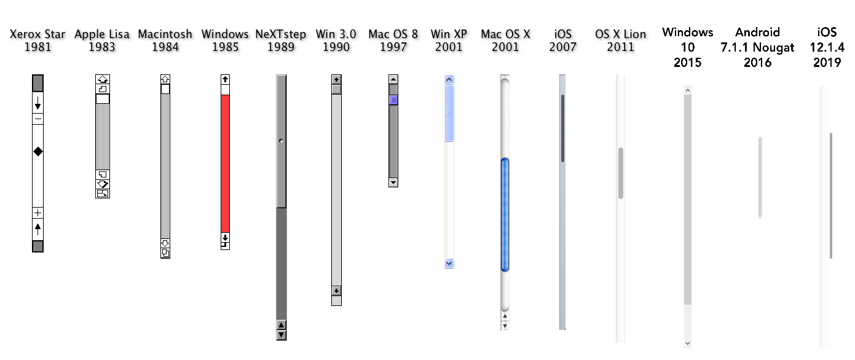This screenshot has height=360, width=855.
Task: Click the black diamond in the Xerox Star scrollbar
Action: coord(37,151)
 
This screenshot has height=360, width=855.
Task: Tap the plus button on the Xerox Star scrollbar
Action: coord(37,213)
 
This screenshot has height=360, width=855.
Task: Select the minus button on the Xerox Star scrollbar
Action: coord(37,119)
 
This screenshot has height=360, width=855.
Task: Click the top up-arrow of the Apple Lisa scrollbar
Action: coord(103,79)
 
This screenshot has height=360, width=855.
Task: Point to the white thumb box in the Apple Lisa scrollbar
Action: coord(103,99)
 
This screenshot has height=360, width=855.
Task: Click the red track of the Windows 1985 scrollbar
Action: coord(225,163)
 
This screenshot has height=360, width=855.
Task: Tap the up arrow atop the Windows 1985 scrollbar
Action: coord(225,79)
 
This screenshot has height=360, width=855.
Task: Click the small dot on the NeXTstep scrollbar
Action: coord(282,141)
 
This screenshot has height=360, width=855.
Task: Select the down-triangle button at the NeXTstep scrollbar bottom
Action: coord(282,335)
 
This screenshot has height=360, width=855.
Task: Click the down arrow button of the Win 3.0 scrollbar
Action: coord(336,291)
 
